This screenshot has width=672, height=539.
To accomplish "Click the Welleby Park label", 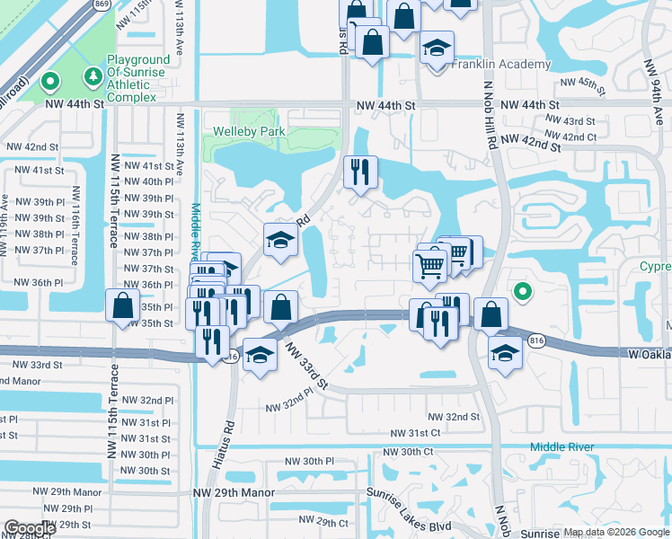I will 249,131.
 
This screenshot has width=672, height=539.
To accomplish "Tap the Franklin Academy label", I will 501,65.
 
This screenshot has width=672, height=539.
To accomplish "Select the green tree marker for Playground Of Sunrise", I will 92,74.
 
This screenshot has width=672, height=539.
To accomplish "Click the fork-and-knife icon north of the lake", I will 360,172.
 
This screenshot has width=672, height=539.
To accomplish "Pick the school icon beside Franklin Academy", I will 438,48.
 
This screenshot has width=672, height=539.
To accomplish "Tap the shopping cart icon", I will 429,264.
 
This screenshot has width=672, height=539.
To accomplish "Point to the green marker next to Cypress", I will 521,290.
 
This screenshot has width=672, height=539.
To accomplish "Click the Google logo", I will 30,528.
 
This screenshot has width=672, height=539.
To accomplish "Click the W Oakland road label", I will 648,354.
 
